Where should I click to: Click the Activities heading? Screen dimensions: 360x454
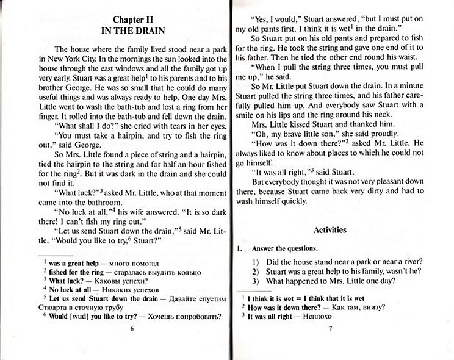[x=330, y=230]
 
